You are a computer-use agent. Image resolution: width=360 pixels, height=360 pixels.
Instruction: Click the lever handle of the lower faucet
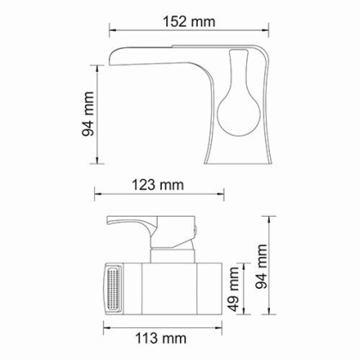point(129,226)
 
